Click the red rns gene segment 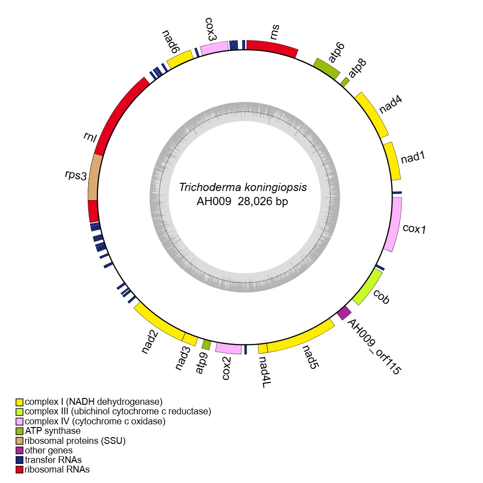coord(272,48)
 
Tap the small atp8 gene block coord(345,82)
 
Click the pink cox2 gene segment coord(228,348)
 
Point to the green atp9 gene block coord(206,345)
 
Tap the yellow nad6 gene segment coord(180,59)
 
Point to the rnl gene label coord(90,137)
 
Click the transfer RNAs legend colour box coord(20,460)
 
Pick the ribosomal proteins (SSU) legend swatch coord(20,441)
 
